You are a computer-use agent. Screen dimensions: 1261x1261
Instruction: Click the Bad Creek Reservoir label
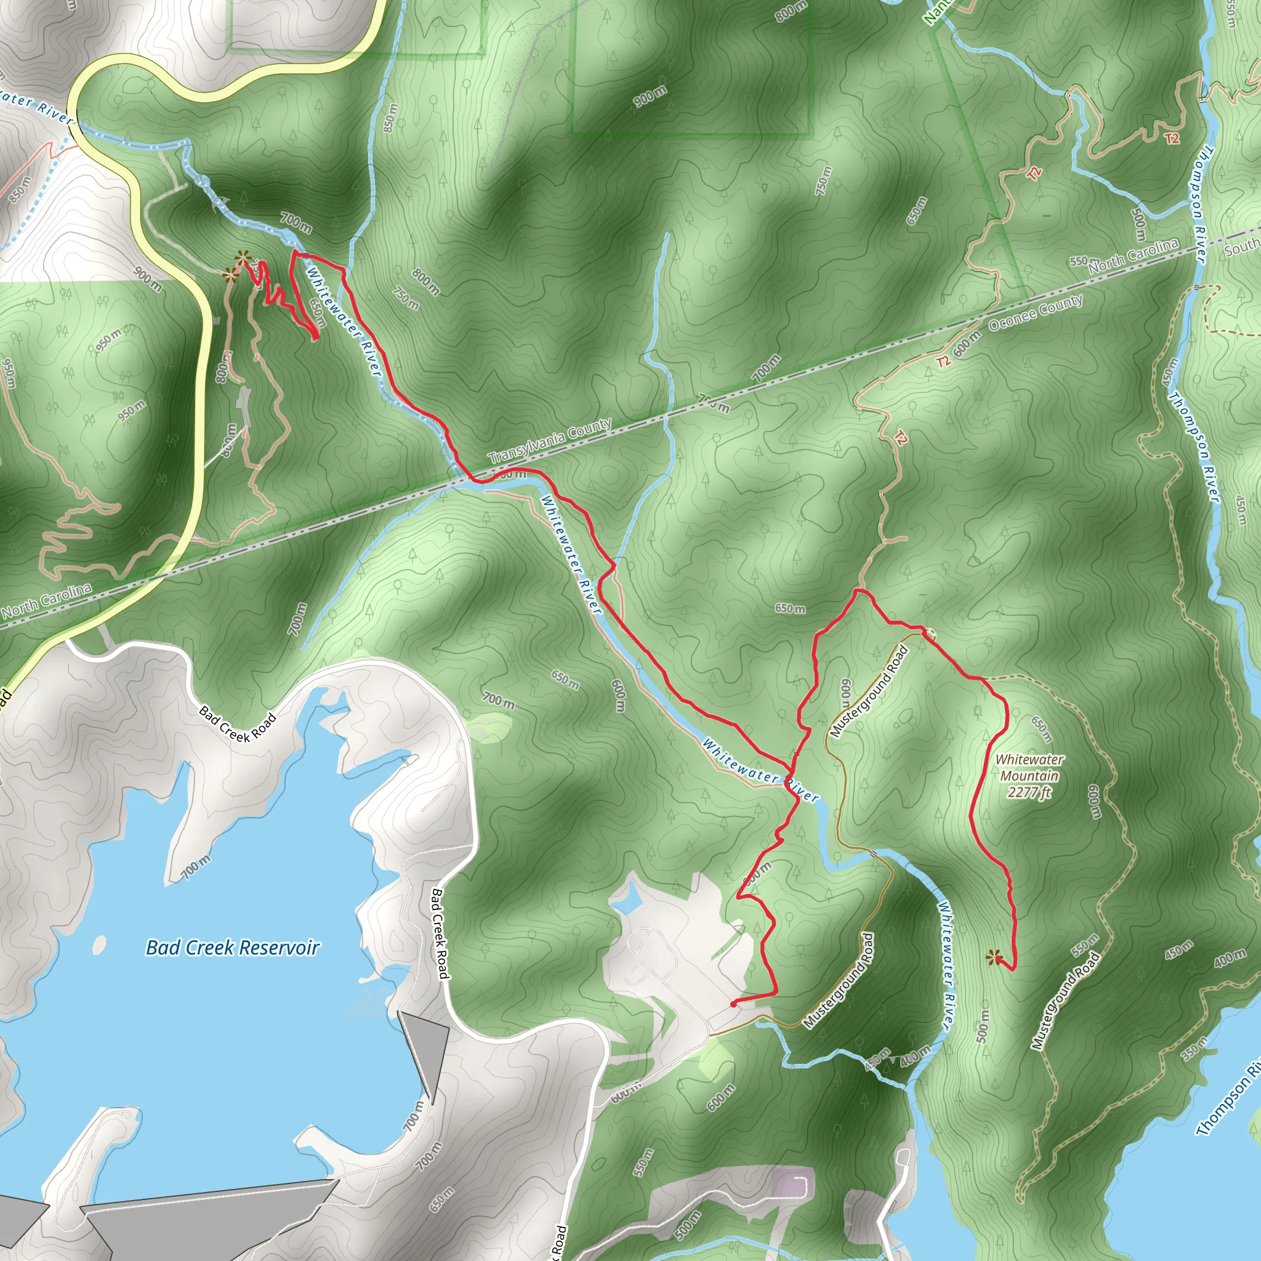(232, 947)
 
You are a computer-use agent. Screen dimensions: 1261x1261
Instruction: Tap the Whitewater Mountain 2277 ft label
(1029, 776)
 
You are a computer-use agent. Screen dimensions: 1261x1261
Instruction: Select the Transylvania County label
(550, 441)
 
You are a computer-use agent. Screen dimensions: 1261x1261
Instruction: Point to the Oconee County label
(1036, 313)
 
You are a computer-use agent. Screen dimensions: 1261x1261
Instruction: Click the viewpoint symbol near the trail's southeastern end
(993, 957)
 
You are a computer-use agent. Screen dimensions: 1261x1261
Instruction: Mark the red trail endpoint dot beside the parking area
(733, 1004)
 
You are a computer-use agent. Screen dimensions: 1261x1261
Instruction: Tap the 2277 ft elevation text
(1029, 792)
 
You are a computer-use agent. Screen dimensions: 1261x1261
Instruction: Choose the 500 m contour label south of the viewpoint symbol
(983, 1026)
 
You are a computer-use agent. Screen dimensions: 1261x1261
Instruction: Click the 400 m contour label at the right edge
(1230, 958)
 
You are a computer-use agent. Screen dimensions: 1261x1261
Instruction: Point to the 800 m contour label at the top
(792, 12)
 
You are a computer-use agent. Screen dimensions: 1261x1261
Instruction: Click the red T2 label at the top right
(1172, 139)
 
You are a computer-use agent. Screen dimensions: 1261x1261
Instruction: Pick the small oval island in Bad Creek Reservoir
(100, 944)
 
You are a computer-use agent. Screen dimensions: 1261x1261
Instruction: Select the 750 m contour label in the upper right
(824, 181)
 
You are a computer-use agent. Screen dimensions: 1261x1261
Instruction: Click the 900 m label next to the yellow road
(148, 279)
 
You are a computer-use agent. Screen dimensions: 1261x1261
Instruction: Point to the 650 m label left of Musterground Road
(790, 608)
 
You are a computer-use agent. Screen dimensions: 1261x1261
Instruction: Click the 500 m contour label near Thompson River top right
(1138, 224)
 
